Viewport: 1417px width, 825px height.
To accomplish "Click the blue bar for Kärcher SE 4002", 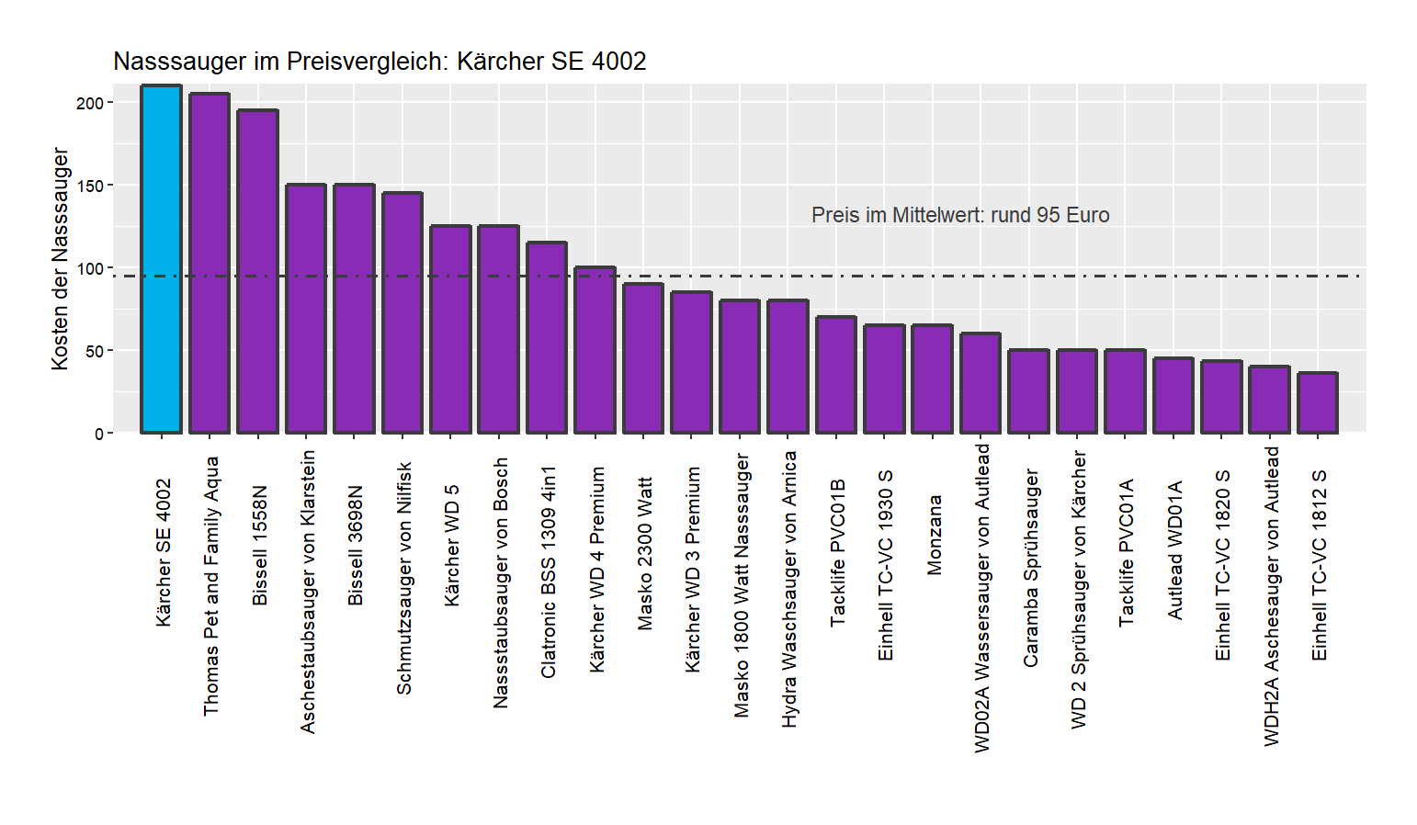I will [161, 259].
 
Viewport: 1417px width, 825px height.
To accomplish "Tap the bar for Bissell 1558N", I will [257, 271].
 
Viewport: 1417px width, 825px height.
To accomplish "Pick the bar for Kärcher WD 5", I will [450, 329].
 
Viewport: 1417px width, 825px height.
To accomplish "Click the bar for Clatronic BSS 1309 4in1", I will [547, 337].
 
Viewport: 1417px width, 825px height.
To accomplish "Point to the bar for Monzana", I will [932, 379].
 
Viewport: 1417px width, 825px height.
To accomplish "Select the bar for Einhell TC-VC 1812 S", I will [1318, 402].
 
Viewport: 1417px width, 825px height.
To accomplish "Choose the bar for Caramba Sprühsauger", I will [1028, 390].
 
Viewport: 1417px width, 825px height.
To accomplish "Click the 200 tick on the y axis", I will [90, 103].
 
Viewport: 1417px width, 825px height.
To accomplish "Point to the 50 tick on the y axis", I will [94, 351].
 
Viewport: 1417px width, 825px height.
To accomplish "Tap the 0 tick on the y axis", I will [99, 434].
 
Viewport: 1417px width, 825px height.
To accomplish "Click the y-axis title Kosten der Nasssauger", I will [60, 259].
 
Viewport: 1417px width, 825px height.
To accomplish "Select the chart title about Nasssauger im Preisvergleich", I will [380, 62].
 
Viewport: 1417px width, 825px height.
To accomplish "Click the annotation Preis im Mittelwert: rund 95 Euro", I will [960, 215].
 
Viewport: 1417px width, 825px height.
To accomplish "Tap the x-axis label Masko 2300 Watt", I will [644, 553].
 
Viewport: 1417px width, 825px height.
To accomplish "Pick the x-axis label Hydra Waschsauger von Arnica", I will [788, 589].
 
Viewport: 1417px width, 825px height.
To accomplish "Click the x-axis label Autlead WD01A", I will [1174, 549].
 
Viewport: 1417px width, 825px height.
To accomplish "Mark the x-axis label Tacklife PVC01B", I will [837, 552].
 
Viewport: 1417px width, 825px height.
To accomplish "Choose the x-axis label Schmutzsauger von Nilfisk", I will [403, 578].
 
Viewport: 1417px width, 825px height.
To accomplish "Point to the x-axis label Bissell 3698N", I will [355, 545].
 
